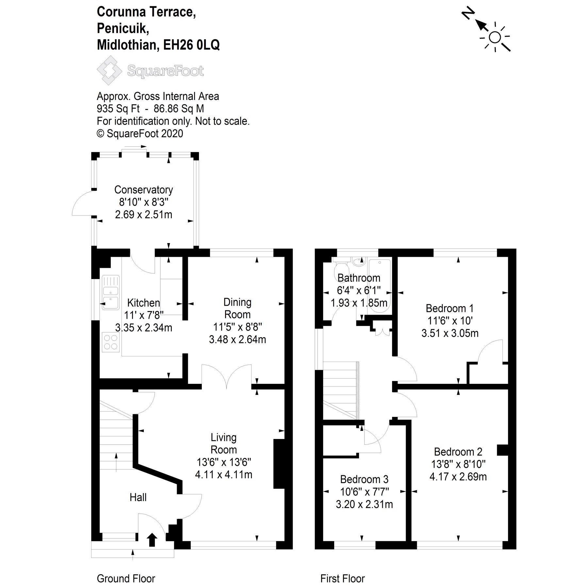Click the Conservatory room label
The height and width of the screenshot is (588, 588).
(143, 190)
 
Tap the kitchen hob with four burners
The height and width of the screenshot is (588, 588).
(110, 342)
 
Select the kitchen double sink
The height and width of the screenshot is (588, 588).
(111, 292)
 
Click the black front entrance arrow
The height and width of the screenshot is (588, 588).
(152, 540)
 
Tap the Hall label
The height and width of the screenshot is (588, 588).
(138, 498)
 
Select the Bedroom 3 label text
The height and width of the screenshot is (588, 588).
(364, 479)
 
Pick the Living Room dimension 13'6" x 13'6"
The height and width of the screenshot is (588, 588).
(224, 462)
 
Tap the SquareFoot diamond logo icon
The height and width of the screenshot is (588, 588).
(109, 70)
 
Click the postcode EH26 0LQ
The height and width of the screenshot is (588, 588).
(191, 45)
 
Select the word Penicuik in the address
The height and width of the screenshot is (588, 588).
(123, 28)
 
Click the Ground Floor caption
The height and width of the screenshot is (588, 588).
(126, 579)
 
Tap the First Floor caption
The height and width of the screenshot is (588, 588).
(342, 579)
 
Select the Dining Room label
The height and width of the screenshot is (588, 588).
(237, 308)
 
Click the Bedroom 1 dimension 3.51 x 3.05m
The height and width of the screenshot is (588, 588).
(450, 333)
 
